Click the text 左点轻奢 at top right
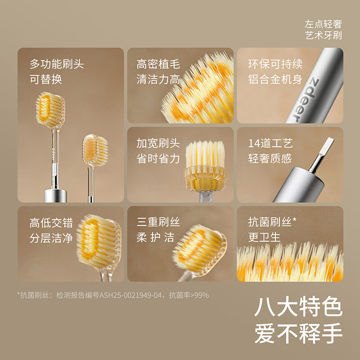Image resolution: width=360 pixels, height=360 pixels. [323, 26]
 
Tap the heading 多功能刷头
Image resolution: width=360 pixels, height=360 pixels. [57, 64]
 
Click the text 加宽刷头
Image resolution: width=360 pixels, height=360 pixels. [158, 143]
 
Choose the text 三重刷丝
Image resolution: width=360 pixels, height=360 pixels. [158, 222]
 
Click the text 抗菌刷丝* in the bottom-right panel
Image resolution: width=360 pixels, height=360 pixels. [272, 222]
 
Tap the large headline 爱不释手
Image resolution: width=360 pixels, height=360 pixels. [298, 334]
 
